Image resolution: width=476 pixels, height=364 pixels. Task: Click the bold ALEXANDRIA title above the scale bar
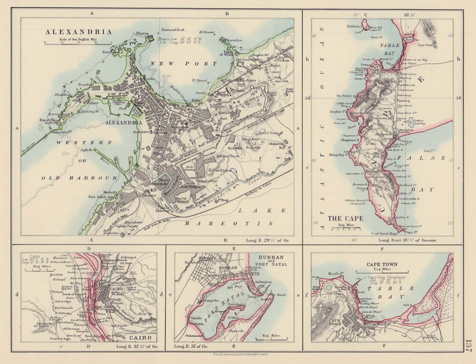[x=79, y=32]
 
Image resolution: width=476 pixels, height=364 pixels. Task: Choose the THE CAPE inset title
[x=345, y=218]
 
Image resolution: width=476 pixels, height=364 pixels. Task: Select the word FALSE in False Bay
[x=422, y=158]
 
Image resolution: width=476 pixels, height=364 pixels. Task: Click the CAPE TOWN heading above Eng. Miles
[x=382, y=264]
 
